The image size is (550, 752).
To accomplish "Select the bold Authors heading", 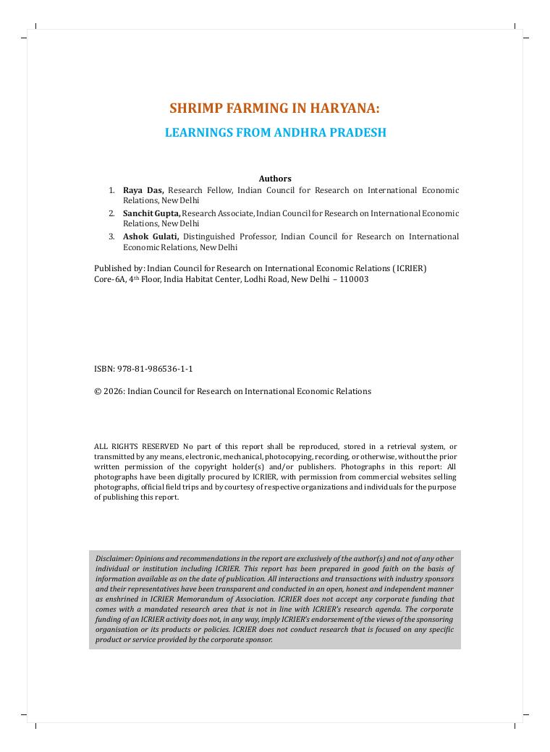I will click(x=275, y=179).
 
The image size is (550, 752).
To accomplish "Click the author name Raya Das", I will click(x=143, y=190).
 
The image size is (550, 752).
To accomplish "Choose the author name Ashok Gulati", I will click(x=151, y=236).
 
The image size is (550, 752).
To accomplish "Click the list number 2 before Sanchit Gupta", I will click(x=111, y=213).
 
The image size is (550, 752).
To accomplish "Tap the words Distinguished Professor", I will click(x=228, y=236).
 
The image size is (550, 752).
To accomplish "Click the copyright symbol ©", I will click(x=98, y=391).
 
